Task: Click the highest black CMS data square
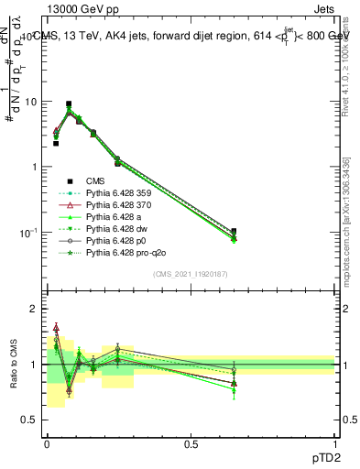tap(69, 104)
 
